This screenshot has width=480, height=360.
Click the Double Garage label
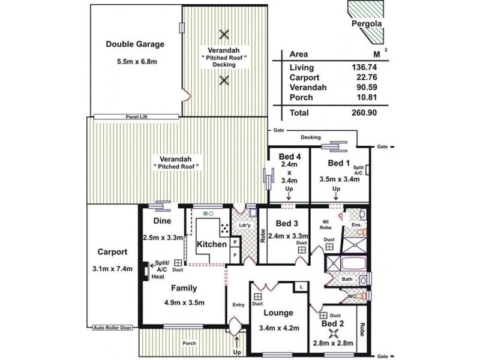point(135,44)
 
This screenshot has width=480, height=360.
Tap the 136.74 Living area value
point(364,67)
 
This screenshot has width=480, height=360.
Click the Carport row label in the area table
point(304,77)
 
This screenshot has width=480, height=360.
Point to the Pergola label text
point(365,25)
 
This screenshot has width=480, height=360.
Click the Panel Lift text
point(137,117)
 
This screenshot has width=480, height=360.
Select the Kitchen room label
point(212,244)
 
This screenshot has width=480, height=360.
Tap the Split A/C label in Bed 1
point(359,170)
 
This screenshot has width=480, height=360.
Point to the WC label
point(352,296)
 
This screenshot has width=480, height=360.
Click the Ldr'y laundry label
point(244,225)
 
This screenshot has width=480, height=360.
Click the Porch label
point(189,343)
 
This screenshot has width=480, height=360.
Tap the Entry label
point(238,305)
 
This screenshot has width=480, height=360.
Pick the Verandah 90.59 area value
point(364,88)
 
